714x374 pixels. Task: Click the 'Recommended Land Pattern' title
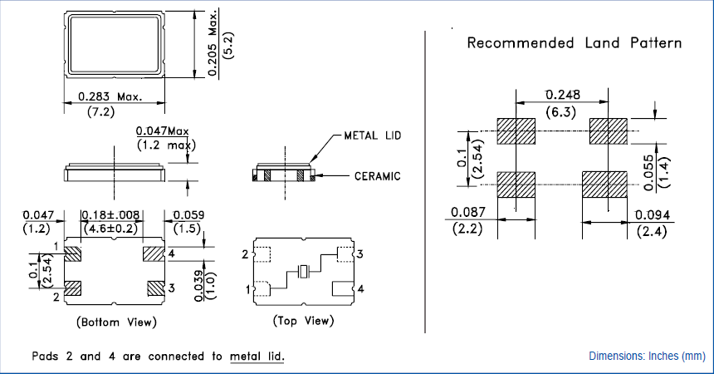point(575,42)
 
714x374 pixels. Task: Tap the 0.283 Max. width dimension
point(110,97)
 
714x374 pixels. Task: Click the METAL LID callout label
point(373,135)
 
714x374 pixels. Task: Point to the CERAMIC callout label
point(377,176)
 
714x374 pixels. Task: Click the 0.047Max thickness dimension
point(163,131)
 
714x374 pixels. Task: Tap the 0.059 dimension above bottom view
point(188,215)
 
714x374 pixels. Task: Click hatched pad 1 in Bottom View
point(72,253)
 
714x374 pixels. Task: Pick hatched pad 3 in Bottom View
point(154,288)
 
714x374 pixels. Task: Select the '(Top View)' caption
point(303,321)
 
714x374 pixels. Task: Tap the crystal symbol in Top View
point(304,271)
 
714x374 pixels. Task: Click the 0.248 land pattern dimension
point(562,93)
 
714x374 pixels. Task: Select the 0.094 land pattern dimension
point(652,215)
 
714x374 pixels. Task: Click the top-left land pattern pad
point(516,130)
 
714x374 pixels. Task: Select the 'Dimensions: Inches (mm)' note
point(647,357)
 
